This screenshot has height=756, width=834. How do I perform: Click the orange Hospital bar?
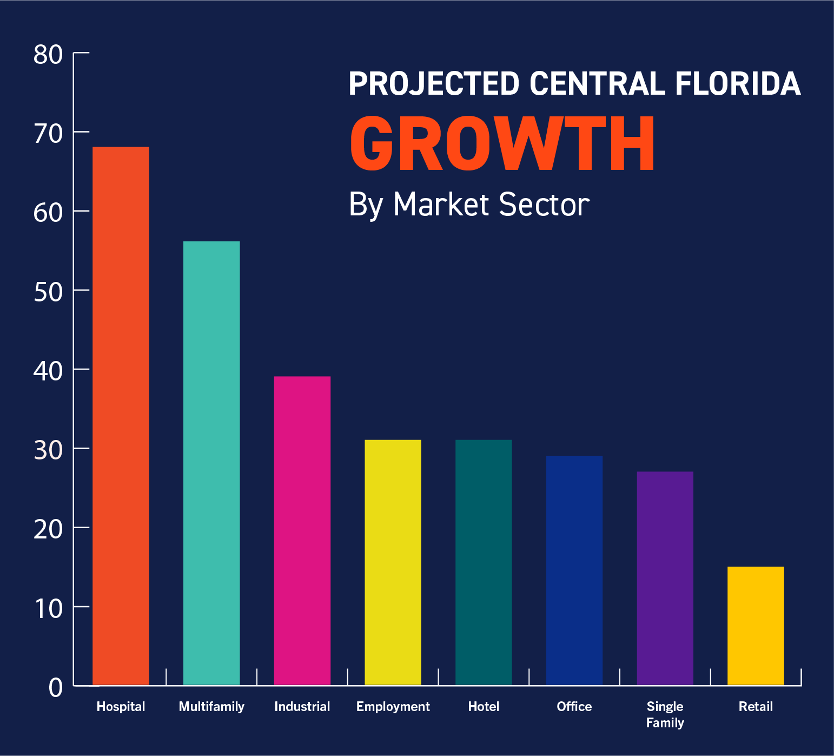(x=121, y=416)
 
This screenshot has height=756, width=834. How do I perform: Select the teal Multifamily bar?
(x=211, y=463)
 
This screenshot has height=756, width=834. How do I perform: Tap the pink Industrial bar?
(x=302, y=530)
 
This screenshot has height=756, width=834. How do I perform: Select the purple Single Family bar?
(x=665, y=578)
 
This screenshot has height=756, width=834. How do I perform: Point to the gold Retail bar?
(x=756, y=626)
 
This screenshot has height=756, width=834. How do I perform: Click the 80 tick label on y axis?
(x=48, y=55)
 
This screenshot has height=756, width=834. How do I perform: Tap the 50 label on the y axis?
(x=48, y=292)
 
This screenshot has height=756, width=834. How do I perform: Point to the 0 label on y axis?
(x=56, y=688)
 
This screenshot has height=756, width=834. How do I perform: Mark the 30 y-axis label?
(x=48, y=450)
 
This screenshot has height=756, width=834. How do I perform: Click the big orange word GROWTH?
(x=502, y=144)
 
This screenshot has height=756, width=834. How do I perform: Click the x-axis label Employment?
(x=393, y=706)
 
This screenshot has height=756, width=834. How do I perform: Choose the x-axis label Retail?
(x=756, y=706)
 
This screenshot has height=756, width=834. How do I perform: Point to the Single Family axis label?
(x=665, y=714)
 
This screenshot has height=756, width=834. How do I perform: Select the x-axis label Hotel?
(x=484, y=706)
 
